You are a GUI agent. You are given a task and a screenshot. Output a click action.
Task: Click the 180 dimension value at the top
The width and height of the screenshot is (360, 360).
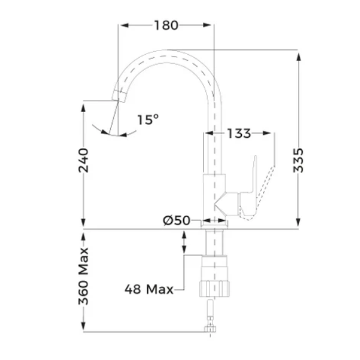coord(166,25)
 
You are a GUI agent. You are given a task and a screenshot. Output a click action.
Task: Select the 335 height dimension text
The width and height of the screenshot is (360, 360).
coord(298,160)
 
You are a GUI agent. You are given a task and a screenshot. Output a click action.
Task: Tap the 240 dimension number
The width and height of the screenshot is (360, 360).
coord(83,160)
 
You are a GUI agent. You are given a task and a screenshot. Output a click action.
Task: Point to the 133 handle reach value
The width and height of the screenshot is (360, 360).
coord(239,133)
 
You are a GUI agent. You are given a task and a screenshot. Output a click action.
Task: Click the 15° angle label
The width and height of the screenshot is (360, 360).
coord(148,119)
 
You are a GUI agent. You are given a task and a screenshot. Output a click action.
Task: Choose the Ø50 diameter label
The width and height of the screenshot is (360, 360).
coord(177,221)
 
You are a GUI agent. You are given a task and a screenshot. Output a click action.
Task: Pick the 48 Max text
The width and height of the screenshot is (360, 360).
coord(149,289)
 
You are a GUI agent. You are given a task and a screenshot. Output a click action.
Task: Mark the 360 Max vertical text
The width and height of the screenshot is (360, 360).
coord(83,276)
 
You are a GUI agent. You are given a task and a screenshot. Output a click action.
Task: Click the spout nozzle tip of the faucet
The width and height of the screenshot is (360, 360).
coord(119,96)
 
